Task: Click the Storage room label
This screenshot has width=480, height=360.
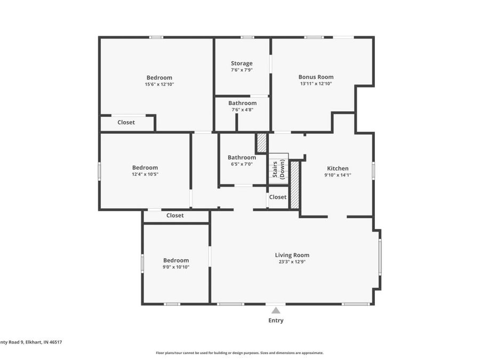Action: (242, 63)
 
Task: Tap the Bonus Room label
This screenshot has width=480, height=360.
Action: (316, 77)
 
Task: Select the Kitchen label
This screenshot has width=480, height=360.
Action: (338, 169)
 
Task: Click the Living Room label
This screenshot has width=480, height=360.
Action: (292, 255)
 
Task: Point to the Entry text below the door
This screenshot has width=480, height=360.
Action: (276, 321)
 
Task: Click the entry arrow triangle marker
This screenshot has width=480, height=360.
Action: (276, 310)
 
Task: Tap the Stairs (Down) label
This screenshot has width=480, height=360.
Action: (278, 169)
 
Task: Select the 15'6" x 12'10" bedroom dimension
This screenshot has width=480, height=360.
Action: (159, 84)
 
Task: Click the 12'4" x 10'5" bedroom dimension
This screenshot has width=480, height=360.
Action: (145, 174)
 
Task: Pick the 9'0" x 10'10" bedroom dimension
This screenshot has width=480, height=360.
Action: (176, 267)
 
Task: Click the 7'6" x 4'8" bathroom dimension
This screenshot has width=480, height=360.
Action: (242, 110)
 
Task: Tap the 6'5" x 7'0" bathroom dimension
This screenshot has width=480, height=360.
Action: (242, 164)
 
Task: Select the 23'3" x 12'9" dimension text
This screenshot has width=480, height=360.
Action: (292, 262)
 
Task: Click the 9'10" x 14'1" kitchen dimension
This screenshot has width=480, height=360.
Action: (338, 175)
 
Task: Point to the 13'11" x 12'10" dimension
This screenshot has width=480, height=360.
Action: (316, 84)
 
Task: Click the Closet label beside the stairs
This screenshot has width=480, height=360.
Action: (277, 197)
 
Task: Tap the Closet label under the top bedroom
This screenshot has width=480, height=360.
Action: (126, 122)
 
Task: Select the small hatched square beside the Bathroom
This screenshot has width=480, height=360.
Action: (261, 143)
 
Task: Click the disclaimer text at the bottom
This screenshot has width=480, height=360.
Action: (239, 353)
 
